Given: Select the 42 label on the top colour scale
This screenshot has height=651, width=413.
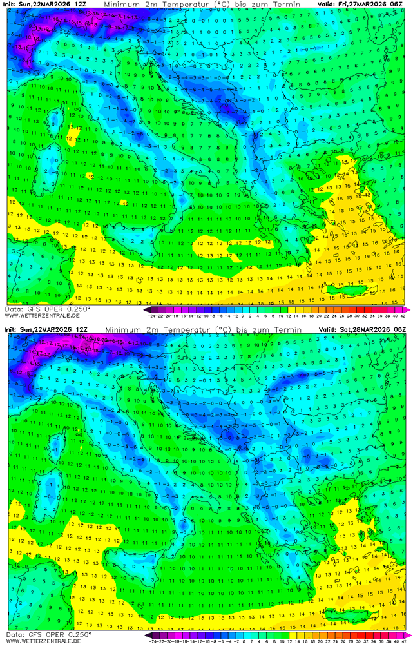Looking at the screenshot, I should [x=403, y=316].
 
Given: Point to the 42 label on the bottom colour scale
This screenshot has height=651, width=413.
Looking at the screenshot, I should [x=403, y=642].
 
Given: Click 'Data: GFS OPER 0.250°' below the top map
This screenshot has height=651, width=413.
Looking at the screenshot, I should [x=46, y=309].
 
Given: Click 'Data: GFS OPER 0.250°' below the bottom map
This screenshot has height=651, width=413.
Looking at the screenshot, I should [x=46, y=635].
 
